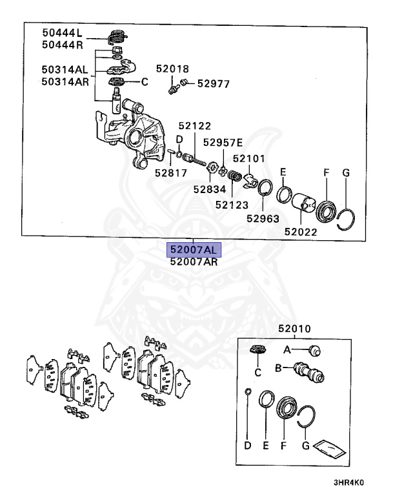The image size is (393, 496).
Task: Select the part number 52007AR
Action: pos(194,262)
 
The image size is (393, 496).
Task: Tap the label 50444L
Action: pos(63,32)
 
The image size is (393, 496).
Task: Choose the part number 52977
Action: pos(214,83)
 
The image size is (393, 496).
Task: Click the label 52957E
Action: pos(223,142)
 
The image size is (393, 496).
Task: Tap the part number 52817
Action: pos(170,172)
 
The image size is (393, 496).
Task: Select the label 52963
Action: pos(262,218)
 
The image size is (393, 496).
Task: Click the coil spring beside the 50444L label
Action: pos(117,36)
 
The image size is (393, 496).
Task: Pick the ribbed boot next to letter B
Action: pos(308,373)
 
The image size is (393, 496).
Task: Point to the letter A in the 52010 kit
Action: pos(288,349)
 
